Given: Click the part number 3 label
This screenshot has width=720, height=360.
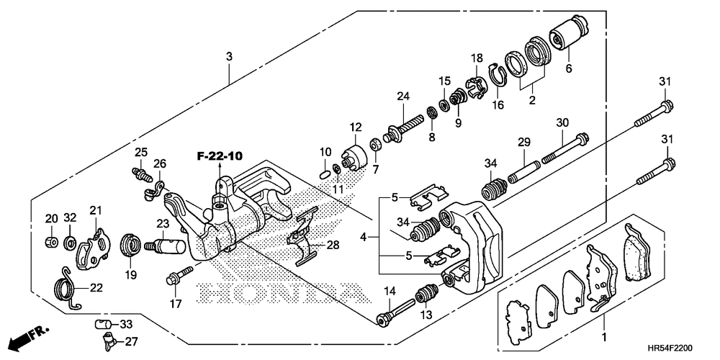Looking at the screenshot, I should pyautogui.click(x=229, y=56).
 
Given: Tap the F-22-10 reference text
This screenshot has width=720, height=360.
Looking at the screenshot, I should pyautogui.click(x=220, y=155).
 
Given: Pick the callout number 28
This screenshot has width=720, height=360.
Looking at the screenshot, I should pyautogui.click(x=332, y=246).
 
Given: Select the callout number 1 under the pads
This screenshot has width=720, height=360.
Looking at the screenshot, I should pyautogui.click(x=604, y=337).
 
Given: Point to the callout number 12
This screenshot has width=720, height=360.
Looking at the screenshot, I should pyautogui.click(x=355, y=127).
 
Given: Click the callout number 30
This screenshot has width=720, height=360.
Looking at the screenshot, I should pyautogui.click(x=562, y=122).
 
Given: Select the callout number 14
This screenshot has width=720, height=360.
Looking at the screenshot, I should pyautogui.click(x=390, y=291).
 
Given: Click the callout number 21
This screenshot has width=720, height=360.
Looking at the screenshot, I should pyautogui.click(x=96, y=210).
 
